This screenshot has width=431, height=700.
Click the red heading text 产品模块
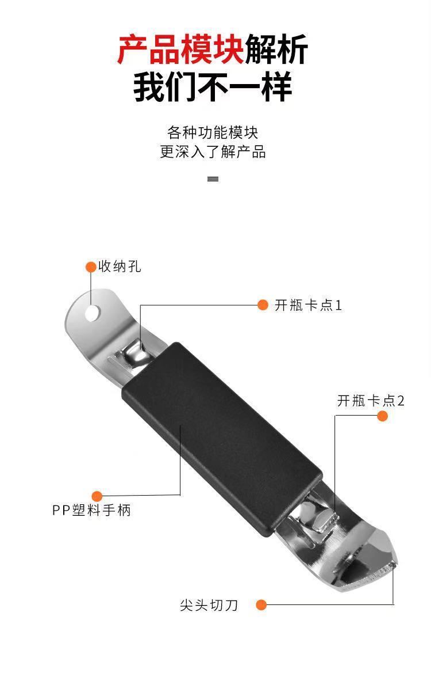(180, 50)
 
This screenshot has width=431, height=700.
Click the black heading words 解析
(276, 50)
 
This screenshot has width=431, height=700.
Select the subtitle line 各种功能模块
(213, 132)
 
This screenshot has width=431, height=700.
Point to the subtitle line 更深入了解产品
(213, 153)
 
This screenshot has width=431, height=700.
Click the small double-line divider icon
(213, 179)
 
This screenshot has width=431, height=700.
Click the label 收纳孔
(120, 267)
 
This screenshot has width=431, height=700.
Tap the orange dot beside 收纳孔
(91, 267)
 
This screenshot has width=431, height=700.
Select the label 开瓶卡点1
(309, 305)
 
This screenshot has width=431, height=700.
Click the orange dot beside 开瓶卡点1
(263, 305)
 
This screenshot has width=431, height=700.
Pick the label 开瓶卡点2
(371, 401)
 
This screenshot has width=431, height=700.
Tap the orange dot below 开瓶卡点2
(382, 416)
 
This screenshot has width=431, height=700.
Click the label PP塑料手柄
(92, 510)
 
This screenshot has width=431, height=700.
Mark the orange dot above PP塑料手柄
(97, 496)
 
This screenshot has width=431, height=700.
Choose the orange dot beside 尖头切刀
(261, 605)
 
